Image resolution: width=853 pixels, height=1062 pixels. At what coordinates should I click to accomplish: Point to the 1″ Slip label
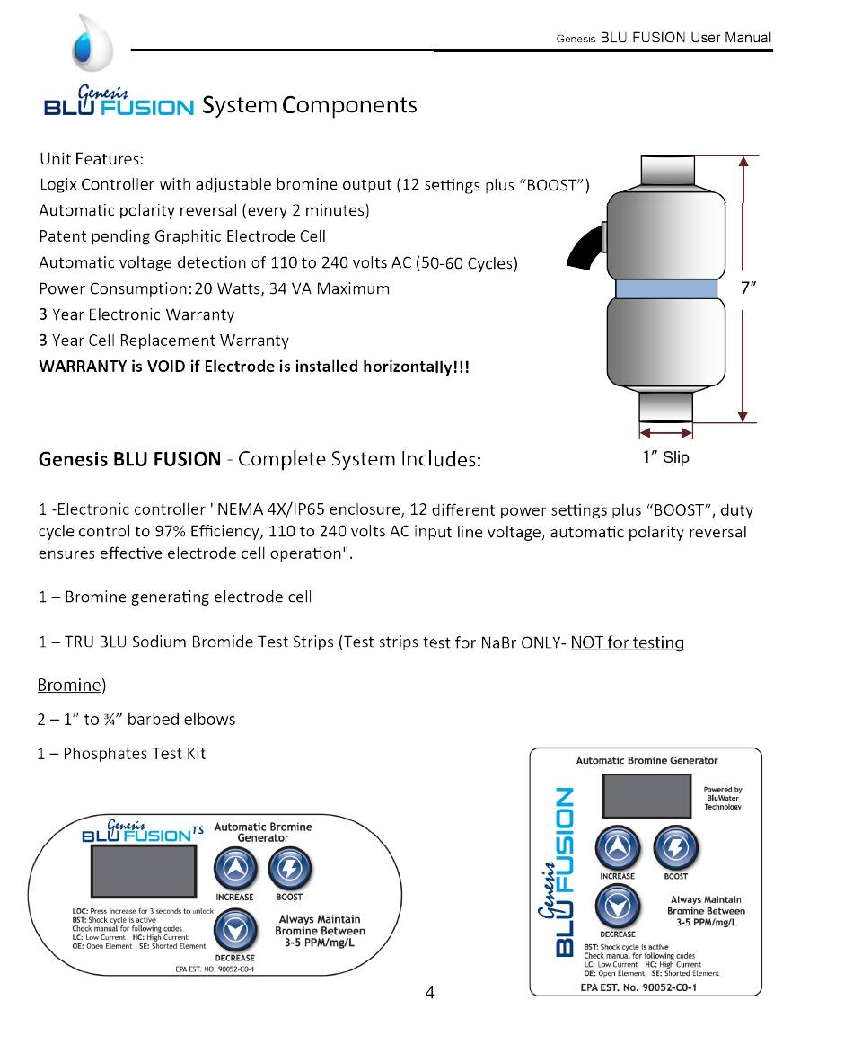tap(665, 457)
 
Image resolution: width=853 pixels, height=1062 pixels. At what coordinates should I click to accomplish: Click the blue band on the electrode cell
tap(665, 288)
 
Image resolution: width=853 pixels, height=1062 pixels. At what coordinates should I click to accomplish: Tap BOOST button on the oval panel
tap(289, 868)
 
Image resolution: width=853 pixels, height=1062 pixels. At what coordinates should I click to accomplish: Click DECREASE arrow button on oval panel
tap(235, 931)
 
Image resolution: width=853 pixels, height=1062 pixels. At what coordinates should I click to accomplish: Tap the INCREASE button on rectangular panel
tap(617, 847)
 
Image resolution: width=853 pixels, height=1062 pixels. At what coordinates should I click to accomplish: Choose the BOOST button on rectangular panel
tap(675, 847)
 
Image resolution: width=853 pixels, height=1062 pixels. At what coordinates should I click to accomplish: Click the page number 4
tap(430, 993)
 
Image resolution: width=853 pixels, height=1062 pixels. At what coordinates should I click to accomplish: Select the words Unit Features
tap(91, 159)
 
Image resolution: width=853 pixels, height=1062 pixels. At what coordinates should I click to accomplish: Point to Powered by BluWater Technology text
tap(722, 798)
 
